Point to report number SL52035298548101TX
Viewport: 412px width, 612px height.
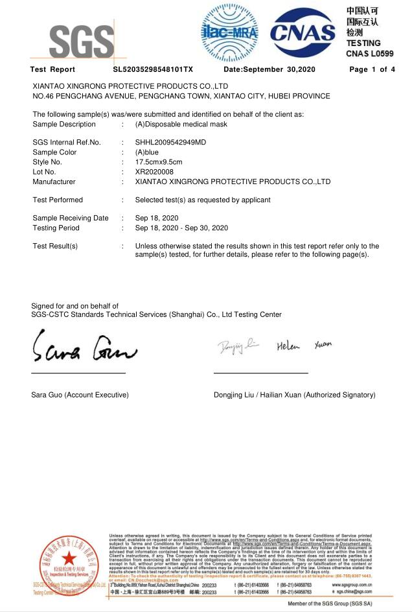(x=153, y=69)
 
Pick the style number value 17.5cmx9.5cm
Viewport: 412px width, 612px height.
(x=159, y=162)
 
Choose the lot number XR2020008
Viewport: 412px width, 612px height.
(x=155, y=172)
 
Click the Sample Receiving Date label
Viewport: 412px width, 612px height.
(x=71, y=218)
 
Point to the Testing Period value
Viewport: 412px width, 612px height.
(x=181, y=228)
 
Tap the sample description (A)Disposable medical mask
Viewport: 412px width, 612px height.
(x=181, y=124)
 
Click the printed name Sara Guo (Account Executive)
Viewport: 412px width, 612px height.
(x=80, y=395)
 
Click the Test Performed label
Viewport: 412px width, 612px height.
(x=58, y=200)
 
